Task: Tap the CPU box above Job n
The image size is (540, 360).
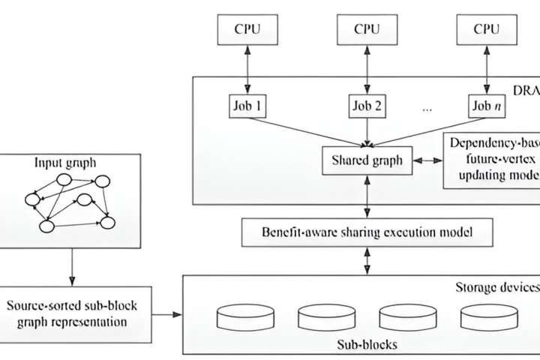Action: [486, 30]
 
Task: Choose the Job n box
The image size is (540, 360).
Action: [486, 106]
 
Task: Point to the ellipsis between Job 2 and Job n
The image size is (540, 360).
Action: [427, 108]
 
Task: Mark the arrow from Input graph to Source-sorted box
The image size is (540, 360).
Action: [71, 266]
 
